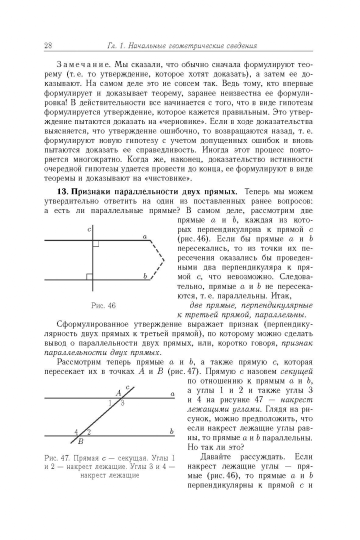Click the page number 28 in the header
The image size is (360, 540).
pyautogui.click(x=48, y=46)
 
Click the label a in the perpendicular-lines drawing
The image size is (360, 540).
pyautogui.click(x=144, y=236)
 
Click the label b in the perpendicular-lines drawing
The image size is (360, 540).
pyautogui.click(x=145, y=275)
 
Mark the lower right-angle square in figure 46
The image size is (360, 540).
pyautogui.click(x=89, y=276)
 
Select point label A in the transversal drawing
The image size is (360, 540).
pyautogui.click(x=118, y=393)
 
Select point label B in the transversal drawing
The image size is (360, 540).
pyautogui.click(x=80, y=441)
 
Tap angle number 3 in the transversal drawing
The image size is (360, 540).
pyautogui.click(x=122, y=403)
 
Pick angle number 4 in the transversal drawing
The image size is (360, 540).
pyautogui.click(x=76, y=431)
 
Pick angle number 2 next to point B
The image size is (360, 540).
pyautogui.click(x=88, y=431)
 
